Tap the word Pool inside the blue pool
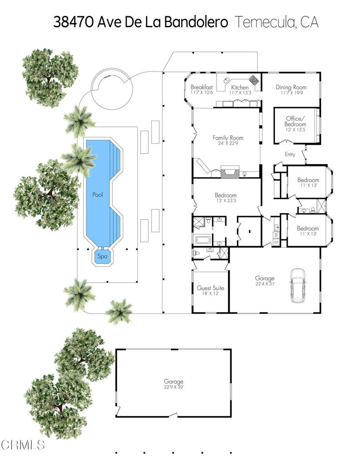tap(97, 194)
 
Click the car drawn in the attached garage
tap(298, 285)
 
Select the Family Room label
tap(228, 137)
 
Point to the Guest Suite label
tap(210, 288)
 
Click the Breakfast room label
tap(202, 87)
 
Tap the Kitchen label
tap(240, 87)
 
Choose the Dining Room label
tap(291, 87)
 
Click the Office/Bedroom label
tap(296, 121)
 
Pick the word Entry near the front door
tap(290, 155)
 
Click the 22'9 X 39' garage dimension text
tap(173, 387)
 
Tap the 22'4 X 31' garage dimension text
tap(264, 284)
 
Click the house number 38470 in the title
tap(74, 22)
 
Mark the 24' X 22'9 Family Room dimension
tap(228, 144)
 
